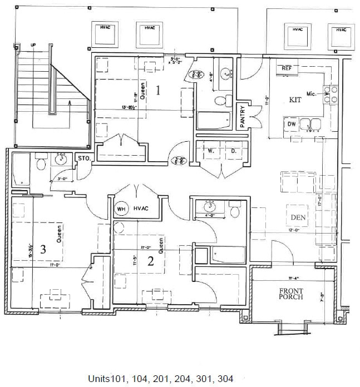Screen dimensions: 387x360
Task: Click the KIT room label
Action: (295, 100)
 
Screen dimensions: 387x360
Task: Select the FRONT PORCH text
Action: (291, 292)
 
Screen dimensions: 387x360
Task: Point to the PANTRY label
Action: (243, 117)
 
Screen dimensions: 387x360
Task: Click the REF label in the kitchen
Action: (287, 68)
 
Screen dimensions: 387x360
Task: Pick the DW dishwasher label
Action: (292, 123)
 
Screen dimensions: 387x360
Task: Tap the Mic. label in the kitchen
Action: (311, 94)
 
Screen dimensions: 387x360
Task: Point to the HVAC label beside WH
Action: (142, 209)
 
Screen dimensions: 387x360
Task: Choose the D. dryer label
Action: (234, 150)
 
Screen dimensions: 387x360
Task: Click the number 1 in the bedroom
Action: (159, 90)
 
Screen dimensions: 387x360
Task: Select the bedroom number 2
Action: (150, 261)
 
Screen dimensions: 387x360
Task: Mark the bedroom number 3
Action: (43, 249)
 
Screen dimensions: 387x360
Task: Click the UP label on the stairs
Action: (33, 44)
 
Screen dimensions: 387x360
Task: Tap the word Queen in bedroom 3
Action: (58, 235)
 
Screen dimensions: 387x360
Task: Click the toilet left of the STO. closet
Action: (40, 163)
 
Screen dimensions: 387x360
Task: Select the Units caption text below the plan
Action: (160, 379)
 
